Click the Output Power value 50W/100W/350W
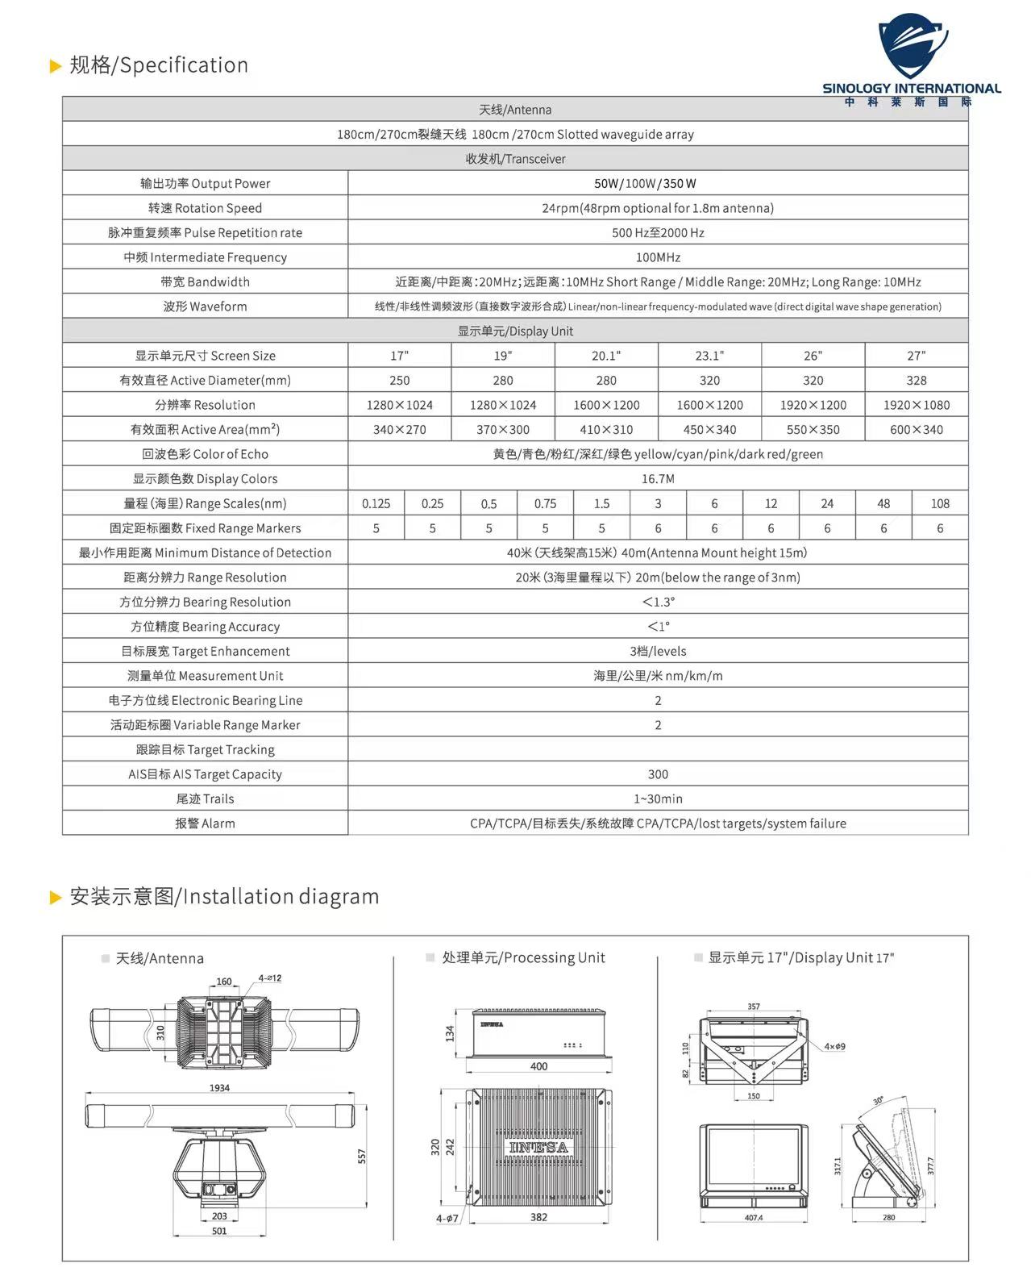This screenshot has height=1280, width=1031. tap(645, 183)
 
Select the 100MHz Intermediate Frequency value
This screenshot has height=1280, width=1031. tap(658, 257)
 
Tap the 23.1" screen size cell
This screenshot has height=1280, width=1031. tap(709, 356)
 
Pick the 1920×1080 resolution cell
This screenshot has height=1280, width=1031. tap(917, 405)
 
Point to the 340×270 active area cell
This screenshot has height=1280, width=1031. tap(399, 430)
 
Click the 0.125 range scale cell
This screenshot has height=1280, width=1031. tap(376, 503)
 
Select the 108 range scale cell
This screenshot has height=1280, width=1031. tap(940, 503)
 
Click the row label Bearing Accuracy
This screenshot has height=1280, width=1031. tap(205, 627)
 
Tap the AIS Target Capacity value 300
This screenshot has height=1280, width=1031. tap(658, 774)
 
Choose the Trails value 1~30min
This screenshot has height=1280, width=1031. tap(658, 798)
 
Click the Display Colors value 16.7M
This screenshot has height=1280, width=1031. tap(658, 479)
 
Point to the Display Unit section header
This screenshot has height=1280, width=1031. tap(515, 331)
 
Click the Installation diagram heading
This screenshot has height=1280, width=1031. tap(224, 896)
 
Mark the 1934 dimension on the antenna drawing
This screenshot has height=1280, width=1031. tap(219, 1088)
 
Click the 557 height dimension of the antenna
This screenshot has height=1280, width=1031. tap(362, 1156)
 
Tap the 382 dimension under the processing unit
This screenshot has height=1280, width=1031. tap(538, 1217)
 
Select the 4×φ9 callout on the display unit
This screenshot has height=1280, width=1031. tap(834, 1046)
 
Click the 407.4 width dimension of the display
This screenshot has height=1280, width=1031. tap(753, 1217)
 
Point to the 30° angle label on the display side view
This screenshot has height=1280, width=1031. tap(878, 1100)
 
